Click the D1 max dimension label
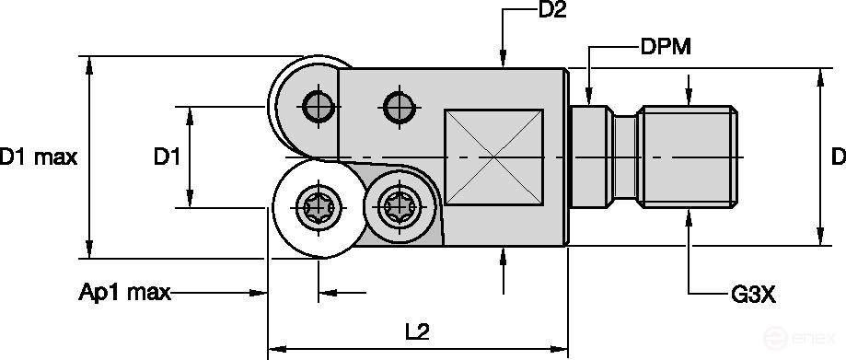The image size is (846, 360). pyautogui.click(x=38, y=157)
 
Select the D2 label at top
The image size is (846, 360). pyautogui.click(x=550, y=12)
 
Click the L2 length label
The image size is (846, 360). pyautogui.click(x=417, y=331)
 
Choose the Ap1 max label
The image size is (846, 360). pyautogui.click(x=124, y=293)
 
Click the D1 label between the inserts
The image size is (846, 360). pyautogui.click(x=166, y=157)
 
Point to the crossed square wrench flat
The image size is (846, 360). pyautogui.click(x=493, y=157)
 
